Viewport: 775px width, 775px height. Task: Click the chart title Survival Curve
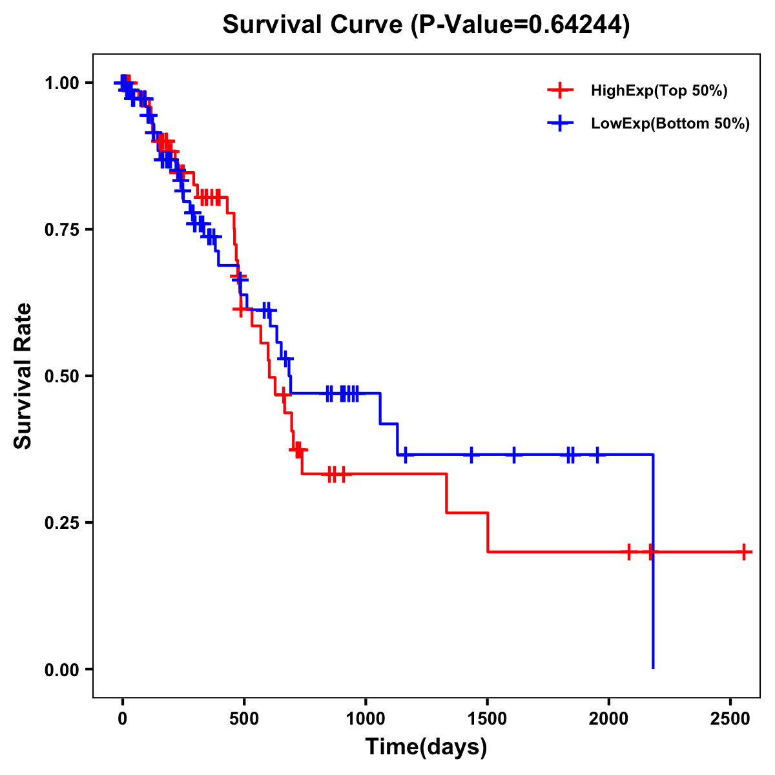coord(426,25)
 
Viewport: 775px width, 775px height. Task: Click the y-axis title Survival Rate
coord(23,376)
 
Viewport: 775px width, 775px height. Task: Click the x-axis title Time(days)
coord(426,747)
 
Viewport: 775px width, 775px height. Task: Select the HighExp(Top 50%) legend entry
coord(659,91)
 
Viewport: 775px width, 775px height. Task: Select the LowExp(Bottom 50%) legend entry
coord(670,124)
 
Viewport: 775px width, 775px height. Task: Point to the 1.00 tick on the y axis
coord(61,83)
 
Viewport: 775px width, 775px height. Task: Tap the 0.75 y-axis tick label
coord(61,229)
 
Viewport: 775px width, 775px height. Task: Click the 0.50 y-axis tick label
coord(61,376)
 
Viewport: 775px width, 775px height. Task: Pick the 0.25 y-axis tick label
coord(61,522)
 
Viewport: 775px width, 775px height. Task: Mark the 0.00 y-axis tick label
coord(61,669)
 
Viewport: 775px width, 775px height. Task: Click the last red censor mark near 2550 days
coord(744,552)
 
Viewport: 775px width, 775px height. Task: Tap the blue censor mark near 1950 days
coord(597,455)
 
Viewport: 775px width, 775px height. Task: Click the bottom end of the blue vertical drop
coord(653,668)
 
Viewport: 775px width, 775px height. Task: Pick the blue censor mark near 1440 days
coord(471,455)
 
